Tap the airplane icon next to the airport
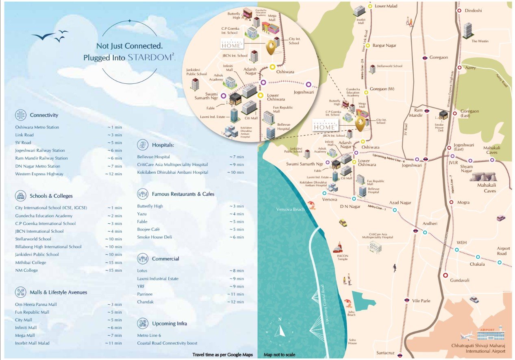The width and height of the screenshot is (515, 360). pos(468,336)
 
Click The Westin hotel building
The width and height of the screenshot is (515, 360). pos(467,29)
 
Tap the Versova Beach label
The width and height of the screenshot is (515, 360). pos(290,209)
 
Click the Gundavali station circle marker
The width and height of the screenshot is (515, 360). pos(445,275)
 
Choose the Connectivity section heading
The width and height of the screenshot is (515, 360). pos(44,115)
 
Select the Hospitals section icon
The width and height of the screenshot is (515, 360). pos(143,144)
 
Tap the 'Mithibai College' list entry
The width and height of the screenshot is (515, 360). pos(30,262)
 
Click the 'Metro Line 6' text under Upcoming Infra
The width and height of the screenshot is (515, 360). pos(149,335)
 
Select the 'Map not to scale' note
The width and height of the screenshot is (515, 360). pos(279,355)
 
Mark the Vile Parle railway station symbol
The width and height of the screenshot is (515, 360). pos(406,300)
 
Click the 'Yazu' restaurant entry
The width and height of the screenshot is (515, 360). pos(142,214)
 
